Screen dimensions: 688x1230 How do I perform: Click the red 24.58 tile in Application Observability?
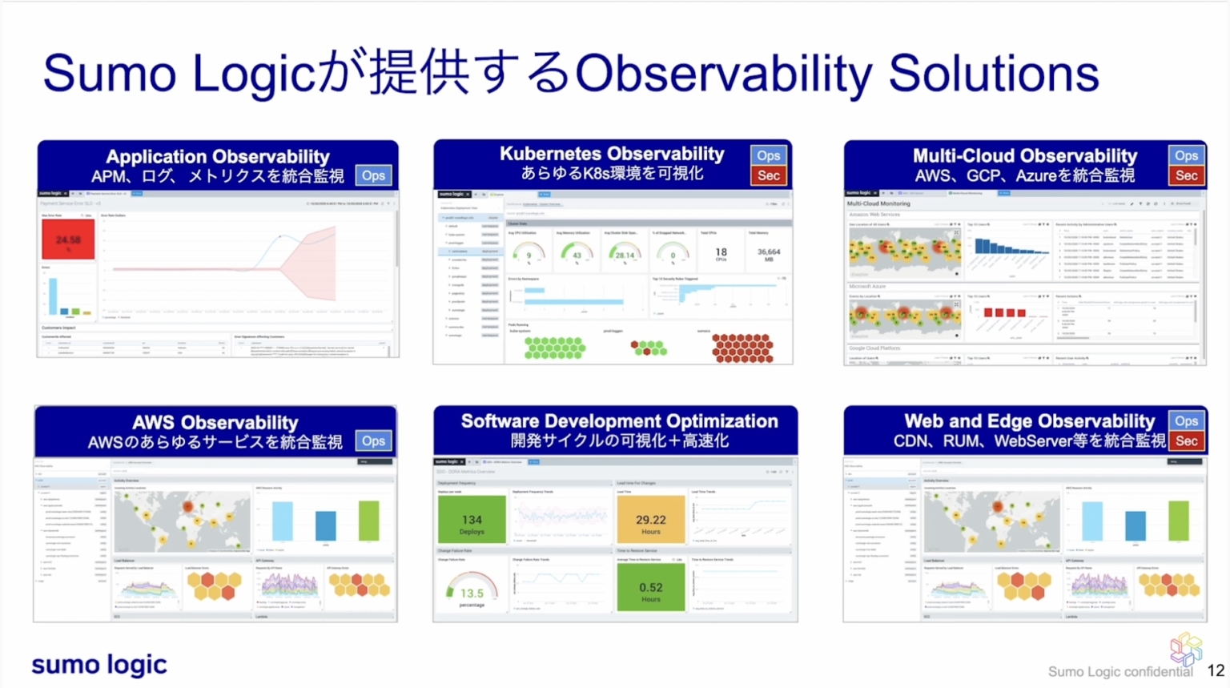(x=68, y=239)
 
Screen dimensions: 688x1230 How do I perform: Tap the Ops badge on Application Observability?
(x=373, y=175)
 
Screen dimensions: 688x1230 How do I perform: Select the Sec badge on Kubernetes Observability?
(x=768, y=175)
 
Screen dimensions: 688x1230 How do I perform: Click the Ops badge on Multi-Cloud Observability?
(x=1186, y=155)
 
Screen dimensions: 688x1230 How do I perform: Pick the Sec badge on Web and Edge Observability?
(x=1186, y=441)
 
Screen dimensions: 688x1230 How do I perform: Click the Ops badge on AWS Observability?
(x=373, y=441)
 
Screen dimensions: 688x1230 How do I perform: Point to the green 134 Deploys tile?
(x=472, y=520)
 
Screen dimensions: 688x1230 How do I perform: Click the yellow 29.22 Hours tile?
(x=650, y=520)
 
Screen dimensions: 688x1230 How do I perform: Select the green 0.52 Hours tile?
(x=650, y=588)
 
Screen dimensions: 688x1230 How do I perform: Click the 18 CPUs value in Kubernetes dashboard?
(x=721, y=253)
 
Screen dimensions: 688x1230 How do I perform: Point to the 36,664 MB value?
(x=768, y=253)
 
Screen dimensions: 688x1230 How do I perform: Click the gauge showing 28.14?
(x=625, y=253)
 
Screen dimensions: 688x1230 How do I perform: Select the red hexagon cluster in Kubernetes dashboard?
(x=742, y=348)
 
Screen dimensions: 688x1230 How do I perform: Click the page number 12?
(x=1216, y=671)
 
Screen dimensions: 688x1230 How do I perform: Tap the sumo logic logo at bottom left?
(x=99, y=665)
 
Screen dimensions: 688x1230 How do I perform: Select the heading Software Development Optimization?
(x=619, y=421)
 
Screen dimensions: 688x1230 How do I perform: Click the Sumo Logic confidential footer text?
(x=1119, y=672)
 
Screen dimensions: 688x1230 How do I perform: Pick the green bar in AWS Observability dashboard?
(x=368, y=521)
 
